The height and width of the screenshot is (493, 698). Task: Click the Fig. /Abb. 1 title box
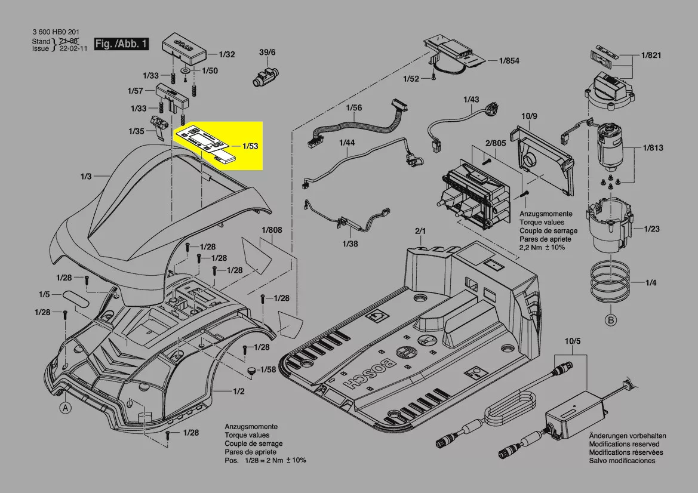122,44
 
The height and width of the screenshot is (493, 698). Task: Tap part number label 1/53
250,146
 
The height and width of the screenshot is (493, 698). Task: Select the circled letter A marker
64,408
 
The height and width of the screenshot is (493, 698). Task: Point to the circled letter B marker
610,321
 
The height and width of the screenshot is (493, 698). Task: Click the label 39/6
267,53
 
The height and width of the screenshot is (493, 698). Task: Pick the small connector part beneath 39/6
264,77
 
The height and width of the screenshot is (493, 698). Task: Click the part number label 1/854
509,61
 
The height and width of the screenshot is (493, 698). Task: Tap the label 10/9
530,115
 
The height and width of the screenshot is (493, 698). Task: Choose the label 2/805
495,143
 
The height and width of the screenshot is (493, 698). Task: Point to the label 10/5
572,341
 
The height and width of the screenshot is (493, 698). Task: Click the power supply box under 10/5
575,417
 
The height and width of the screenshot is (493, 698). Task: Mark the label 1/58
269,370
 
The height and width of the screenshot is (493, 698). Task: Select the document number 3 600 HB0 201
56,32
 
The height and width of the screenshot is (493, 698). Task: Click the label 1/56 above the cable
355,108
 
